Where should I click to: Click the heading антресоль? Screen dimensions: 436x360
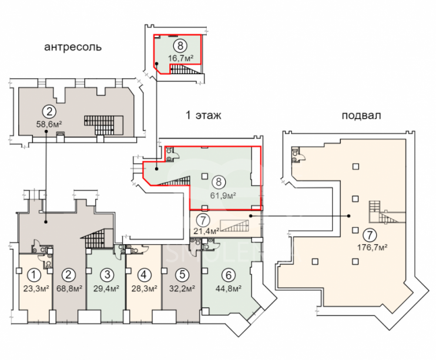click(x=73, y=47)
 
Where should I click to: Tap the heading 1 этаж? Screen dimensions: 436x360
click(x=203, y=115)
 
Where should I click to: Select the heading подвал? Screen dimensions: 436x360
click(x=361, y=115)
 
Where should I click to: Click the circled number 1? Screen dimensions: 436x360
click(x=33, y=275)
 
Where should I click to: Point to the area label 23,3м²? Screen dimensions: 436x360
click(x=36, y=288)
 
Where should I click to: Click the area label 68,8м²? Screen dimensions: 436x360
click(x=69, y=288)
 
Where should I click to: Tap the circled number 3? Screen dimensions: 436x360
click(x=107, y=275)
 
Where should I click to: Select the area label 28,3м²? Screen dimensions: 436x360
click(x=144, y=288)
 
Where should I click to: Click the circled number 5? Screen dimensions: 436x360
click(x=182, y=275)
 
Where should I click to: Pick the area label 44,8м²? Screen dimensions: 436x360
click(x=229, y=289)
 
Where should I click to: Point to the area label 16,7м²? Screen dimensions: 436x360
click(x=180, y=58)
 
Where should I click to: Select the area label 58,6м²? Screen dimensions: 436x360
click(x=49, y=124)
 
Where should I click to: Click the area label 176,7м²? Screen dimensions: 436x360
click(x=373, y=247)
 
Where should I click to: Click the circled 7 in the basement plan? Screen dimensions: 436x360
click(x=370, y=235)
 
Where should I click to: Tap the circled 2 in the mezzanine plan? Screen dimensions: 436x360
click(x=49, y=112)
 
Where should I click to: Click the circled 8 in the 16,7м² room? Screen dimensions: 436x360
click(x=180, y=45)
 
